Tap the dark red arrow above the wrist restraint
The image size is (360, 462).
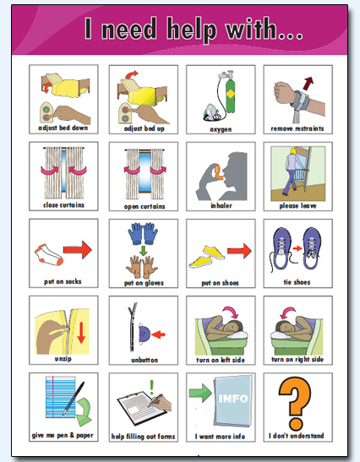click(x=307, y=82)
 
